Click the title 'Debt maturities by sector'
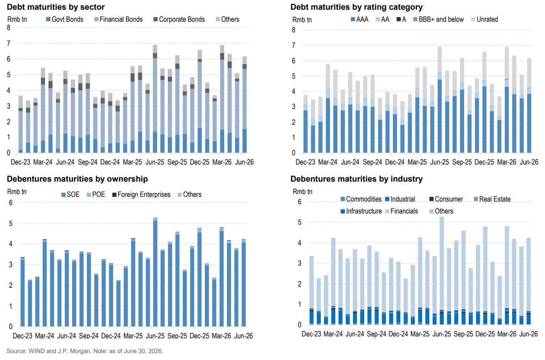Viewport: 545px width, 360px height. [55, 7]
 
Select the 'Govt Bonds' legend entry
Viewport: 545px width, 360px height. [65, 19]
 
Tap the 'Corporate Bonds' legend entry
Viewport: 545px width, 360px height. [179, 19]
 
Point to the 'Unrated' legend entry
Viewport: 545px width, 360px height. [484, 19]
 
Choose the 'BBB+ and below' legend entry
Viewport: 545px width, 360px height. [438, 19]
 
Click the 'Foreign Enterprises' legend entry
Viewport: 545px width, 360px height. [141, 195]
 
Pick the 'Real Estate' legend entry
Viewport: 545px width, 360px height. [492, 199]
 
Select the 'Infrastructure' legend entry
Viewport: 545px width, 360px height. [361, 211]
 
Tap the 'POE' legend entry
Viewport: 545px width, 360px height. [96, 195]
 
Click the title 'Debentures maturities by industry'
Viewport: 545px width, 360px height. [356, 179]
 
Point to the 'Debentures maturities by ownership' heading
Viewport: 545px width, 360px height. [78, 179]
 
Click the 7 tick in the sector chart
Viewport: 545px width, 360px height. [9, 43]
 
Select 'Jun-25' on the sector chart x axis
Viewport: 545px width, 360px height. [155, 162]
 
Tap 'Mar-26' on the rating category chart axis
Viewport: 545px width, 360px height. [507, 162]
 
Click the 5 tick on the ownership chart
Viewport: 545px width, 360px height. [11, 223]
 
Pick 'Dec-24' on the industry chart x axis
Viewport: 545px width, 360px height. [398, 334]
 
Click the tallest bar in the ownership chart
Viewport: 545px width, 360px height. [155, 272]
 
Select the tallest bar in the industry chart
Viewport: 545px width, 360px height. [442, 271]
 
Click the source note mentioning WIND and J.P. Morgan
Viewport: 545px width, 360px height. [85, 351]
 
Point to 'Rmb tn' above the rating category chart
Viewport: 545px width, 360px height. [302, 20]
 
